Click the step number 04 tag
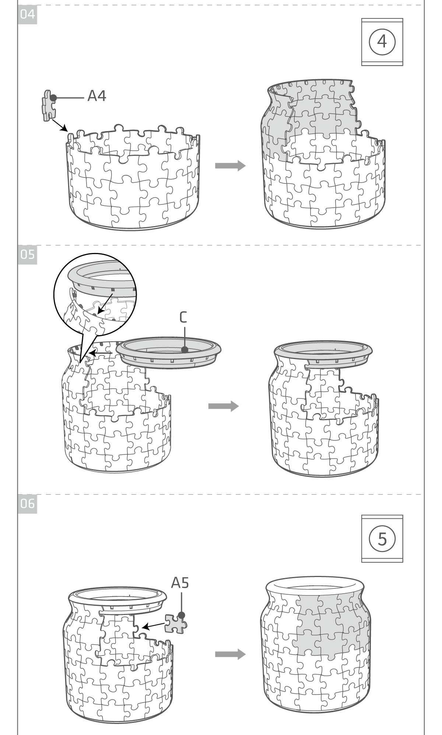tap(27, 15)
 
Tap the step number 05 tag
tap(27, 254)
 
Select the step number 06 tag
tap(27, 503)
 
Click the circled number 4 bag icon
tap(382, 42)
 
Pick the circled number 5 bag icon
tap(382, 538)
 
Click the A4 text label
tap(97, 96)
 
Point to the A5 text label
tap(180, 583)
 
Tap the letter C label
tap(183, 317)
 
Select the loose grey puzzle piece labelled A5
tap(176, 624)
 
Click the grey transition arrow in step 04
tap(230, 166)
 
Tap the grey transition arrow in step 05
tap(224, 406)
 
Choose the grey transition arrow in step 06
tap(230, 654)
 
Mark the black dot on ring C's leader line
tap(185, 349)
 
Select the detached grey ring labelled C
tap(169, 352)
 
